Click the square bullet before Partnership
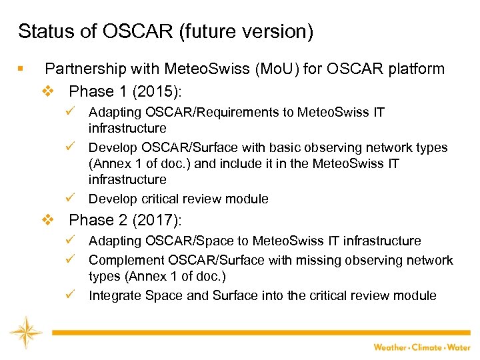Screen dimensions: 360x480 22,69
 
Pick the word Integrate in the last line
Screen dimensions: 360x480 113,295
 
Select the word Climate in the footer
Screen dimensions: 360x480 429,347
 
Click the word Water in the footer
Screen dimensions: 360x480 460,347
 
